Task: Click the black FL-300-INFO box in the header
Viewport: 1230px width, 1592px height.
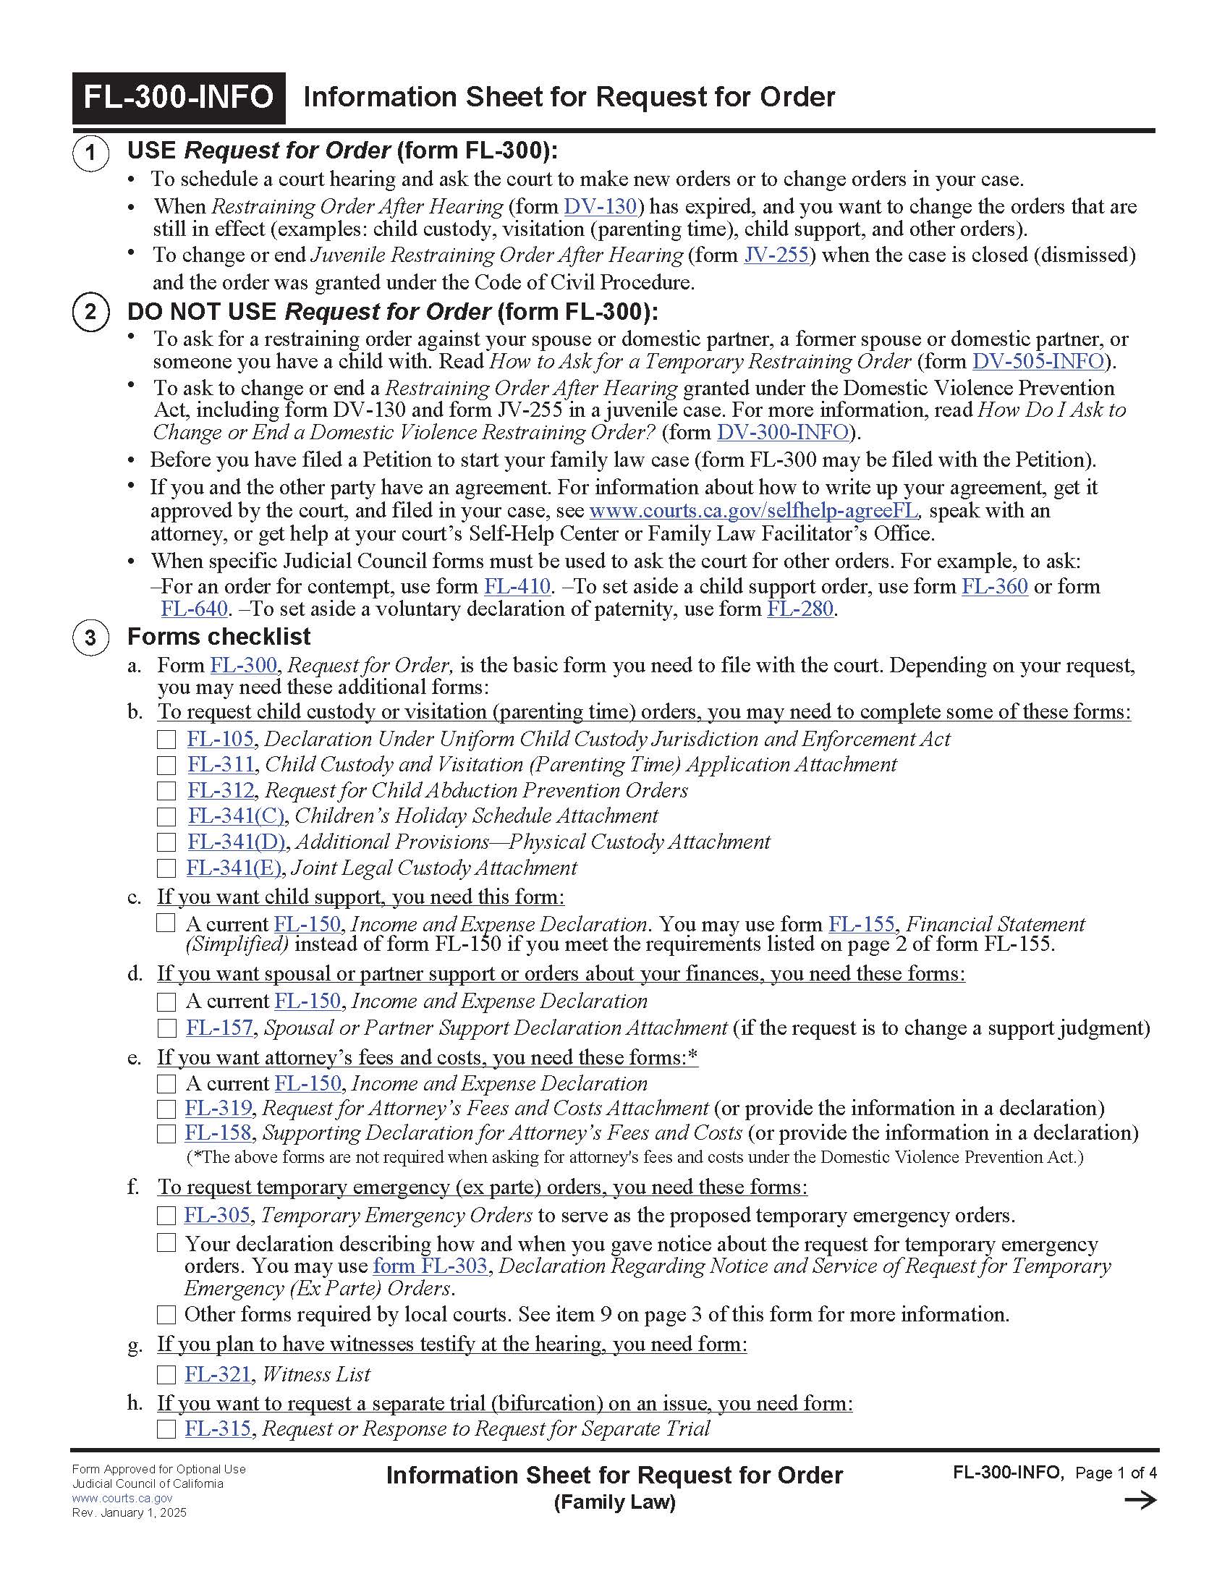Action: (x=179, y=98)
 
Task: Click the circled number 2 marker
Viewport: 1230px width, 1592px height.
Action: (x=90, y=312)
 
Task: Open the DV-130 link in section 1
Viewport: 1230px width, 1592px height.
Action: (x=601, y=207)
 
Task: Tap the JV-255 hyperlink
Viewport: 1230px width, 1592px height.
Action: (x=776, y=255)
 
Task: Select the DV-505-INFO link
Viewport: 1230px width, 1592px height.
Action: (x=1037, y=362)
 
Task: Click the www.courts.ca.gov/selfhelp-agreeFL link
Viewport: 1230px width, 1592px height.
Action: (x=752, y=510)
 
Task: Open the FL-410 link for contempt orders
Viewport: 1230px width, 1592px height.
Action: (x=517, y=586)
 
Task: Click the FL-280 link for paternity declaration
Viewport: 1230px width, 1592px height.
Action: (x=799, y=609)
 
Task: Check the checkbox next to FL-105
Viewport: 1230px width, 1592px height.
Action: (x=167, y=740)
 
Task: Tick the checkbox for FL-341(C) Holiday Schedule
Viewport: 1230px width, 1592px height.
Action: (x=167, y=816)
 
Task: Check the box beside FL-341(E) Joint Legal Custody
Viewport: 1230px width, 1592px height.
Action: (x=167, y=868)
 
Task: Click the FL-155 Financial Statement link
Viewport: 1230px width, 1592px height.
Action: (x=860, y=924)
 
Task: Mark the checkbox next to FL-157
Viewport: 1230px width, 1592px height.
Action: (x=167, y=1028)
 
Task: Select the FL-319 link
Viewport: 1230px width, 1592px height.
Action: (x=218, y=1109)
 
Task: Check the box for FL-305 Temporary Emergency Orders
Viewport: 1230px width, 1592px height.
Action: (x=167, y=1216)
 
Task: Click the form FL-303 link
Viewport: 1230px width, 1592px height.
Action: (x=430, y=1266)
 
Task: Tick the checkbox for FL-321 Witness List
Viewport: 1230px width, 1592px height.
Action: (x=167, y=1375)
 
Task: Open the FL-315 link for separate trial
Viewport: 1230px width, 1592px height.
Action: (x=218, y=1428)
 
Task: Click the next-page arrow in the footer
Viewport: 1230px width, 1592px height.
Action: (x=1140, y=1500)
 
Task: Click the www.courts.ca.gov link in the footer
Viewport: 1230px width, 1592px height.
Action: (x=122, y=1499)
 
